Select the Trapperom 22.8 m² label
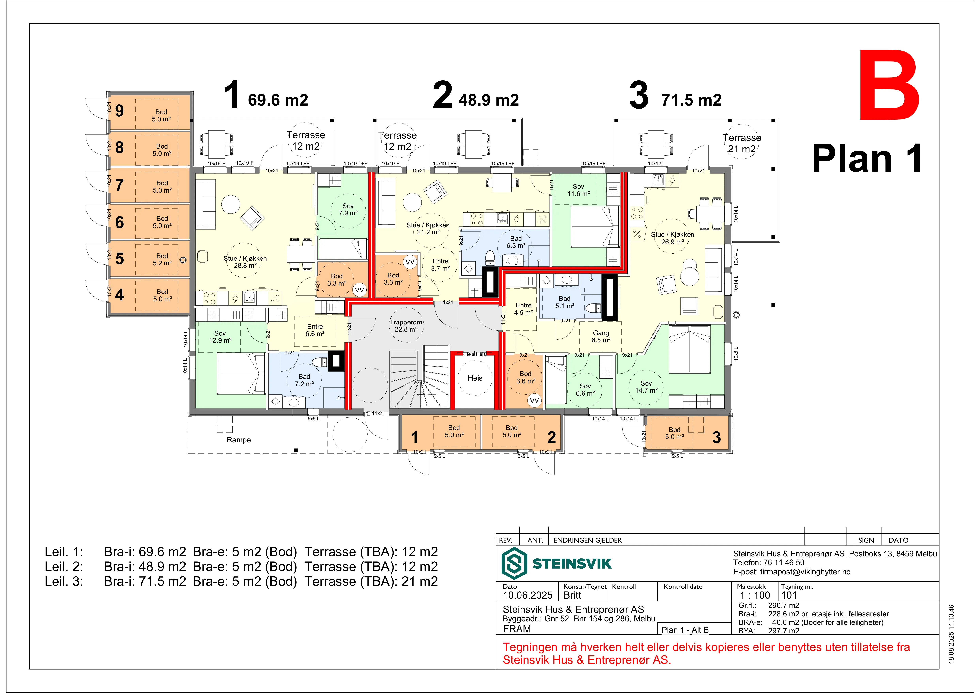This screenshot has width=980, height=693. (x=406, y=326)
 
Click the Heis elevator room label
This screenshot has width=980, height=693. (x=475, y=378)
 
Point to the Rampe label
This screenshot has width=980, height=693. (x=239, y=440)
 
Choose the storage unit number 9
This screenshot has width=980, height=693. (x=119, y=111)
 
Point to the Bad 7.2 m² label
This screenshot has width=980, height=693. (x=304, y=380)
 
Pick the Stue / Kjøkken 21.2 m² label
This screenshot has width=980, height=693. (x=428, y=228)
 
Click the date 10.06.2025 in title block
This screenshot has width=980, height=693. (x=528, y=595)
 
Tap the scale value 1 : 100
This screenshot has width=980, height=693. (x=755, y=595)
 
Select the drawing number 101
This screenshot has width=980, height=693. (x=789, y=595)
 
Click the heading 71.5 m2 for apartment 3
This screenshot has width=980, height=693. (x=692, y=100)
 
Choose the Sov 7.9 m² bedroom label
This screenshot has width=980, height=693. (x=348, y=209)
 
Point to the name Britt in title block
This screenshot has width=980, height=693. (x=572, y=595)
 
